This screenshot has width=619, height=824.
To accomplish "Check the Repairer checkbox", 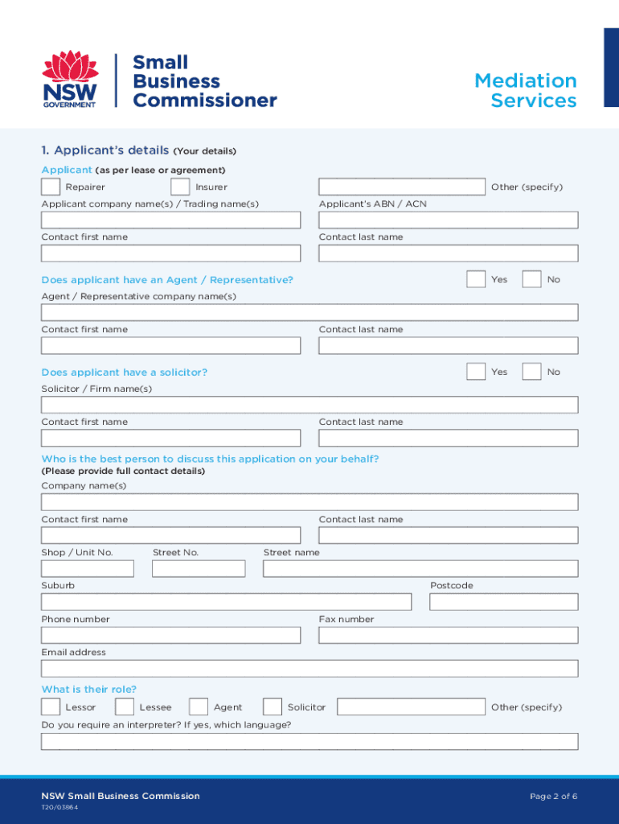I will pos(51,187).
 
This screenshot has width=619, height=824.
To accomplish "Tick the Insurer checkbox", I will pos(181,187).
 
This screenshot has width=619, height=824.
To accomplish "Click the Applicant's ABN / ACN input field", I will pos(448,220).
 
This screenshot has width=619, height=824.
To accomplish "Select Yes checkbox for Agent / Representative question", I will pos(475,279).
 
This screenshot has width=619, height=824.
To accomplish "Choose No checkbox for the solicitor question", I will pos(531,372).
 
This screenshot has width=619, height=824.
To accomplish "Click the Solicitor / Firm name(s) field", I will pos(309,405).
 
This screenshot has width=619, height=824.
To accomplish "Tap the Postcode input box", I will pos(503,602).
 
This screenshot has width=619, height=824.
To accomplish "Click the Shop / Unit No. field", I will pos(88,569).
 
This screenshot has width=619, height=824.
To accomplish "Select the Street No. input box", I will pos(199,569).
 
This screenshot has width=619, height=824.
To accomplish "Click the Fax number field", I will pos(448,635).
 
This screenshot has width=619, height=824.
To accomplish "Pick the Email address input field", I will pos(309,669).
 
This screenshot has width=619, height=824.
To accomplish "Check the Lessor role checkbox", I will pos(51,707).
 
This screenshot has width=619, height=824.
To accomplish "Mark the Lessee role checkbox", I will pos(125,707).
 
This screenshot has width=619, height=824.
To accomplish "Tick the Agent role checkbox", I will pos(199,707).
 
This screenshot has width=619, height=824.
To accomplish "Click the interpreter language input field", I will pos(309,741).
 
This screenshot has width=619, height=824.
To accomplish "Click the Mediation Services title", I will pos(526,90).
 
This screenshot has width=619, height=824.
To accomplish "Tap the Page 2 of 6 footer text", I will pos(553,796).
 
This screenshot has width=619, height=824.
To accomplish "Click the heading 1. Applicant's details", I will pos(105,150).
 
